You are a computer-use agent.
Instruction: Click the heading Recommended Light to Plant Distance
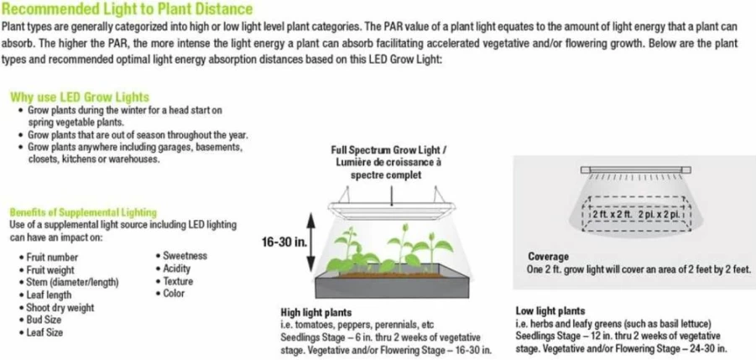[x=127, y=8]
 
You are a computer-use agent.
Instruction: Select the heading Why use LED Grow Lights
[x=80, y=97]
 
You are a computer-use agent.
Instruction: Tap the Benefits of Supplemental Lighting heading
[x=83, y=212]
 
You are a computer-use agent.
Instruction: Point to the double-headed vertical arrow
[x=311, y=243]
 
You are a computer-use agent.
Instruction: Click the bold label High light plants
[x=315, y=312]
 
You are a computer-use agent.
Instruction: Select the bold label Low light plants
[x=550, y=310]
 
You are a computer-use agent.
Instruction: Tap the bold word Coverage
[x=548, y=257]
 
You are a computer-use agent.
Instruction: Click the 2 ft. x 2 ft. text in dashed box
[x=609, y=213]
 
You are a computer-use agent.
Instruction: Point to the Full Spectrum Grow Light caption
[x=386, y=163]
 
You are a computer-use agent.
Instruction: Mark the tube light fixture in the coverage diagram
[x=635, y=170]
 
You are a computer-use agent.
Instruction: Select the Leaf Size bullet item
[x=44, y=332]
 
